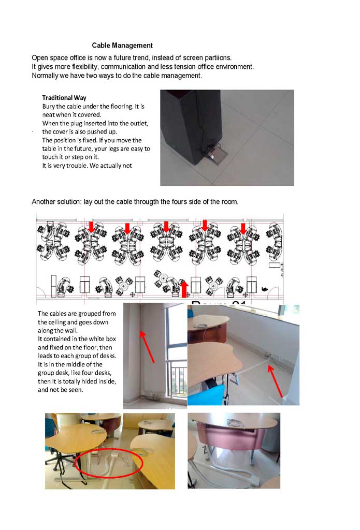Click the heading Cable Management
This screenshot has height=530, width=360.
pyautogui.click(x=122, y=46)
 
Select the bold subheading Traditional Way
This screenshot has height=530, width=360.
pyautogui.click(x=64, y=97)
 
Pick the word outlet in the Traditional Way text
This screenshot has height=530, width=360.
pyautogui.click(x=139, y=123)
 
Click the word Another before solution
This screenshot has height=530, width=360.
pyautogui.click(x=44, y=201)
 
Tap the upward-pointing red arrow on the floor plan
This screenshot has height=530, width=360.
pyautogui.click(x=183, y=288)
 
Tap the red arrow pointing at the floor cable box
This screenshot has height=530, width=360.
pyautogui.click(x=275, y=380)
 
